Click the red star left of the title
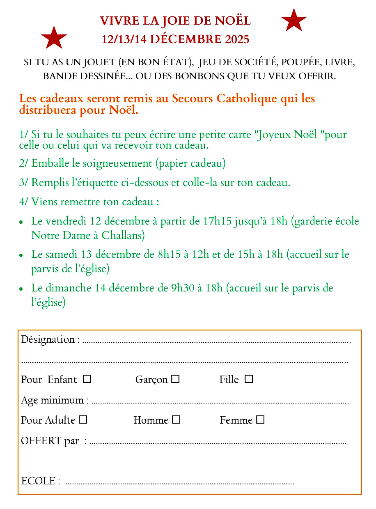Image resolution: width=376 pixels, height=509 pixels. tap(54, 38)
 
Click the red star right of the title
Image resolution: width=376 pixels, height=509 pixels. tap(293, 20)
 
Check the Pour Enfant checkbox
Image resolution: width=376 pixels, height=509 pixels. tap(87, 379)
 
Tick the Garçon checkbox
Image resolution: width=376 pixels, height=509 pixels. tap(176, 379)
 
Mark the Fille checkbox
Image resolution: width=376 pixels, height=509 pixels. tap(249, 379)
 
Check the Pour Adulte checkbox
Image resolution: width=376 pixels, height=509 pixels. tap(83, 420)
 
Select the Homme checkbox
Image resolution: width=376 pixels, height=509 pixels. tap(176, 420)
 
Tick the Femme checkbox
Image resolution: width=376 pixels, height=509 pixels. tap(260, 420)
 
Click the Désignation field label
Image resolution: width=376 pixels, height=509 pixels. tap(48, 340)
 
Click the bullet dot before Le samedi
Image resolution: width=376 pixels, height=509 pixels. tap(21, 255)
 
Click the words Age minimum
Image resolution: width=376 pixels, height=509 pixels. tap(52, 400)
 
